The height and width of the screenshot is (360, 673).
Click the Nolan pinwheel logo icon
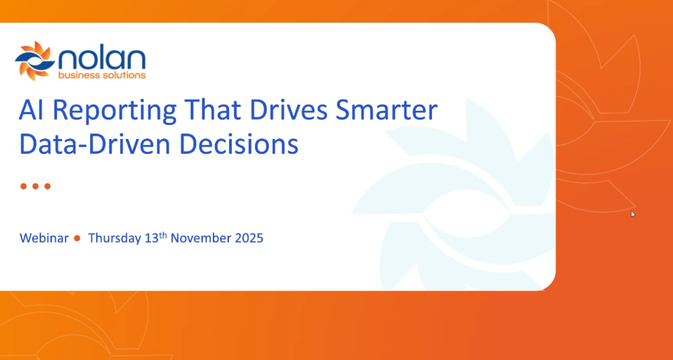point(34,61)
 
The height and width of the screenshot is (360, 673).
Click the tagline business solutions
point(101,75)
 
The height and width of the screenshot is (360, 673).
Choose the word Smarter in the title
point(395,110)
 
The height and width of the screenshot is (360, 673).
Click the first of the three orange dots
point(23,186)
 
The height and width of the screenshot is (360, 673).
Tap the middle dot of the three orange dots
point(35,186)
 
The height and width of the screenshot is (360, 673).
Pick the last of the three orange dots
point(47,186)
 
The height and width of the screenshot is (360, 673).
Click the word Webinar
point(44,238)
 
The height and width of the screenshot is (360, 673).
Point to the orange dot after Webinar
point(78,238)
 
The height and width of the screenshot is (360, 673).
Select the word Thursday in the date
point(114,238)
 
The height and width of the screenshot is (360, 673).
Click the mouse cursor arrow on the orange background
point(633,214)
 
